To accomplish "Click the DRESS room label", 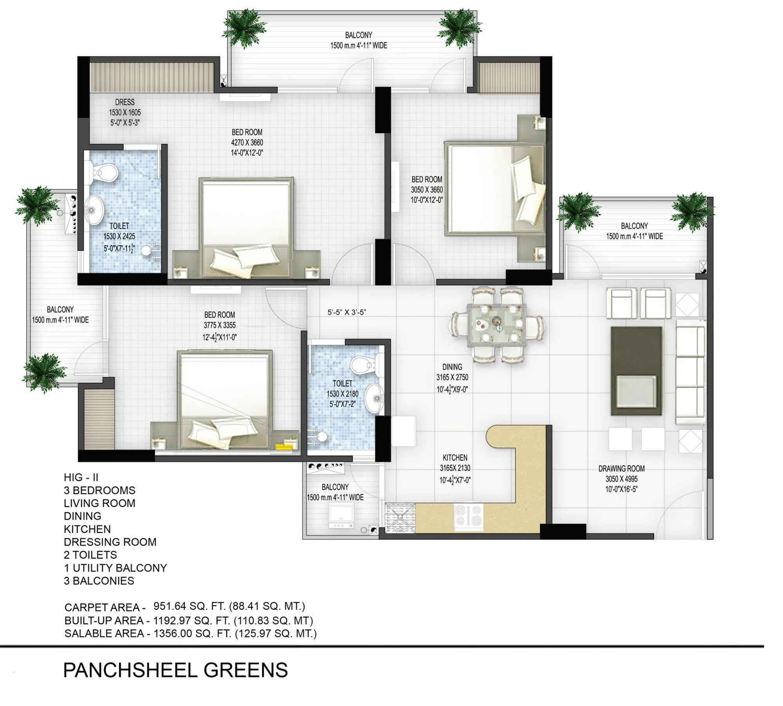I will point(124,102).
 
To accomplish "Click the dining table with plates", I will point(496,324).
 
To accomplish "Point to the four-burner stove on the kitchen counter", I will point(468,516).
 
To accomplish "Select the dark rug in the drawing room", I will point(636,371).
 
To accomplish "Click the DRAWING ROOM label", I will point(621,468).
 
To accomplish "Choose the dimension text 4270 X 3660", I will point(247,142).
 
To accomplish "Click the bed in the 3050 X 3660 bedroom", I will point(494,189).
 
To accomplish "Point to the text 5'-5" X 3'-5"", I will point(346,312).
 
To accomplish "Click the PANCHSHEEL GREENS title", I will point(175,670).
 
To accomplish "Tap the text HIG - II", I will point(81,477).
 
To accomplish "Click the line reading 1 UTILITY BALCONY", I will point(115,568).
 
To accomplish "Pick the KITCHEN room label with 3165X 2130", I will point(455,457).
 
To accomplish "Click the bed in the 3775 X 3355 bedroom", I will point(224,399).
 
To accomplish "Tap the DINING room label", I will point(452,367).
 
